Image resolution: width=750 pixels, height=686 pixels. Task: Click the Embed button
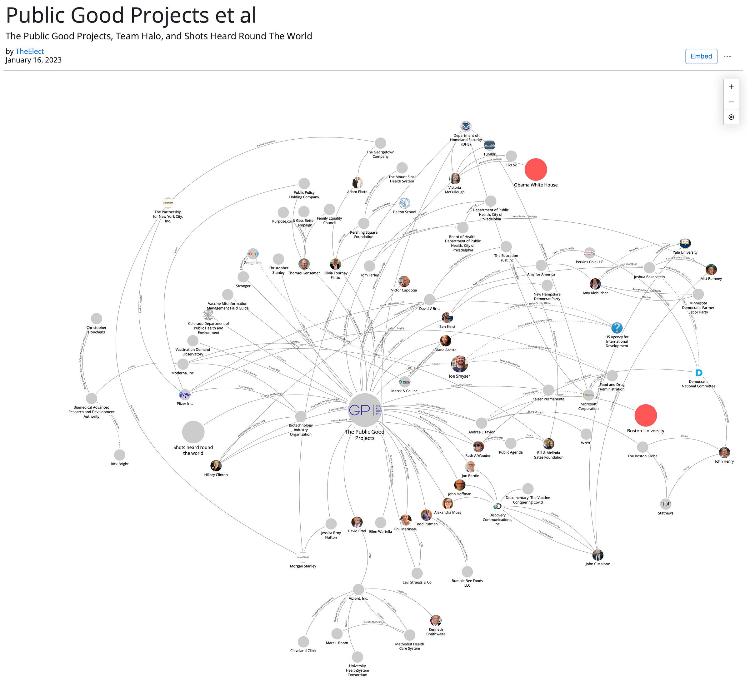point(701,56)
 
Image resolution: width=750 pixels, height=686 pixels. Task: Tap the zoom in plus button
point(731,87)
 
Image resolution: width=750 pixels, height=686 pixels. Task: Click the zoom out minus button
point(731,102)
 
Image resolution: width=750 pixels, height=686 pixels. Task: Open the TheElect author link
point(29,51)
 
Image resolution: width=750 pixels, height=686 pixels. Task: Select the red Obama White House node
point(535,170)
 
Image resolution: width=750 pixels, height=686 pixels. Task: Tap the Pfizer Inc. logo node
point(185,395)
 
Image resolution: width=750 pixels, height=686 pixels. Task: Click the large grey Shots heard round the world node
point(193,432)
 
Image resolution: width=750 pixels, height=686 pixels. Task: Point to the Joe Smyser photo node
point(459,364)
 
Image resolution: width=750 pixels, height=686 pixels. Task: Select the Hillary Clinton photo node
point(216,465)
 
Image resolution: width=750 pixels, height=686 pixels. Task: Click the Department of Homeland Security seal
point(466,127)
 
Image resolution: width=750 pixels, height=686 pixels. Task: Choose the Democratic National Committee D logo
point(698,373)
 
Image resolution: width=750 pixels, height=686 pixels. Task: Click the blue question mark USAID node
point(617,328)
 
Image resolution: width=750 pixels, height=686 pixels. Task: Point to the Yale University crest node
point(685,243)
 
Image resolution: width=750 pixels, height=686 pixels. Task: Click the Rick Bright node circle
point(119,455)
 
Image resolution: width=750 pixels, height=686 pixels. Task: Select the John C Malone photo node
point(597,555)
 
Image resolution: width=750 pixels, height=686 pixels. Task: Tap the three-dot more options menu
point(727,57)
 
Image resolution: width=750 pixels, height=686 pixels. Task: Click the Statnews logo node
point(665,504)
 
